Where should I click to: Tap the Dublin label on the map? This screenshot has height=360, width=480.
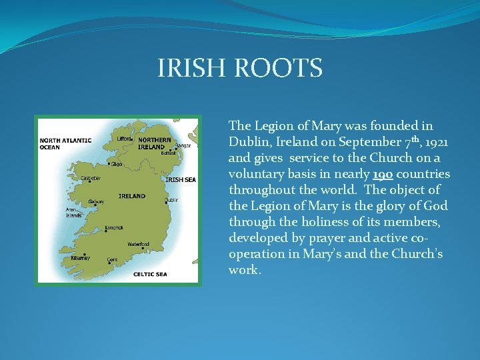pos(172,199)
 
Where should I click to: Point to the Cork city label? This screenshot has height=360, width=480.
pos(113,259)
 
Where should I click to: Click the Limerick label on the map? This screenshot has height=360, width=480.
pos(114,227)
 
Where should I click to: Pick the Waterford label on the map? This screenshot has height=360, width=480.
pos(138,244)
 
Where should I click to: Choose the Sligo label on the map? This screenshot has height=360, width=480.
pos(116,163)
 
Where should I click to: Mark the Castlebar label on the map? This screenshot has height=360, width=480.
pos(91,178)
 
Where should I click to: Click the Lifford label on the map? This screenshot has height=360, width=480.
pos(124,139)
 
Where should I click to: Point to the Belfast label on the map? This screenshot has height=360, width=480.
pos(169,153)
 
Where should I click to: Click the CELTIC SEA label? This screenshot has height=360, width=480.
pos(150,274)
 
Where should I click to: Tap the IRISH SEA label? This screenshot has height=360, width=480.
pos(180,179)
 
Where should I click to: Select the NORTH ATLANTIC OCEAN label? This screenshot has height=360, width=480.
pos(65,143)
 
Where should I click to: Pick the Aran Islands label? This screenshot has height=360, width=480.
pos(73,213)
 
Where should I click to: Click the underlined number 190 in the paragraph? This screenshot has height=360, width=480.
pos(383,174)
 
